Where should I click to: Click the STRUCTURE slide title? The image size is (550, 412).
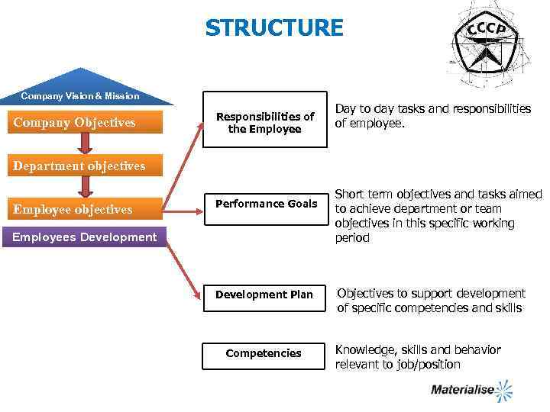tap(274, 28)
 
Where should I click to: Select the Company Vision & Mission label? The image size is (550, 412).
tap(80, 96)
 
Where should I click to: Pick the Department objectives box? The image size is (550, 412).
tap(79, 166)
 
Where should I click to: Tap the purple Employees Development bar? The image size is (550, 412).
tap(84, 237)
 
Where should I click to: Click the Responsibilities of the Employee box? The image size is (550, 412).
tap(264, 123)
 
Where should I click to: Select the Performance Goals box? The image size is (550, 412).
tap(264, 204)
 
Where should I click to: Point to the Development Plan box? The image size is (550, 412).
tap(264, 295)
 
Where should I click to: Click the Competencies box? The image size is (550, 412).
tap(264, 353)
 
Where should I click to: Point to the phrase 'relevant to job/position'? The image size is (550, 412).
tap(397, 365)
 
